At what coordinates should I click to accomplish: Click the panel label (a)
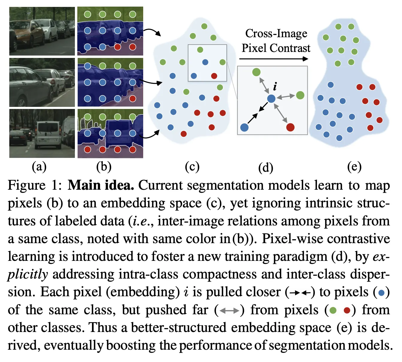(39, 167)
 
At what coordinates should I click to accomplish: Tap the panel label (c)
(192, 167)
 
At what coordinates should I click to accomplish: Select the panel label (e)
(354, 167)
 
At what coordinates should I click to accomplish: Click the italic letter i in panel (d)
(275, 87)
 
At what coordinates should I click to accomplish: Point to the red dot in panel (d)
(290, 127)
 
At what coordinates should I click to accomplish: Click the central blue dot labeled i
(271, 98)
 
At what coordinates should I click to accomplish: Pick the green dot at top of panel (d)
(256, 72)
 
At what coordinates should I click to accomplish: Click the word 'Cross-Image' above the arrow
(276, 34)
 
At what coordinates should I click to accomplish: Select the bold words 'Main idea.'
(101, 185)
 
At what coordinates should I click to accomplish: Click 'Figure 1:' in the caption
(35, 185)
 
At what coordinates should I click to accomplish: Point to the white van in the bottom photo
(48, 134)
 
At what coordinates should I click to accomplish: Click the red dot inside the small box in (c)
(214, 76)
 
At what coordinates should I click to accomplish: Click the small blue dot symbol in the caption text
(381, 293)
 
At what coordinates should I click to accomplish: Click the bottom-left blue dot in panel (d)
(244, 127)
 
